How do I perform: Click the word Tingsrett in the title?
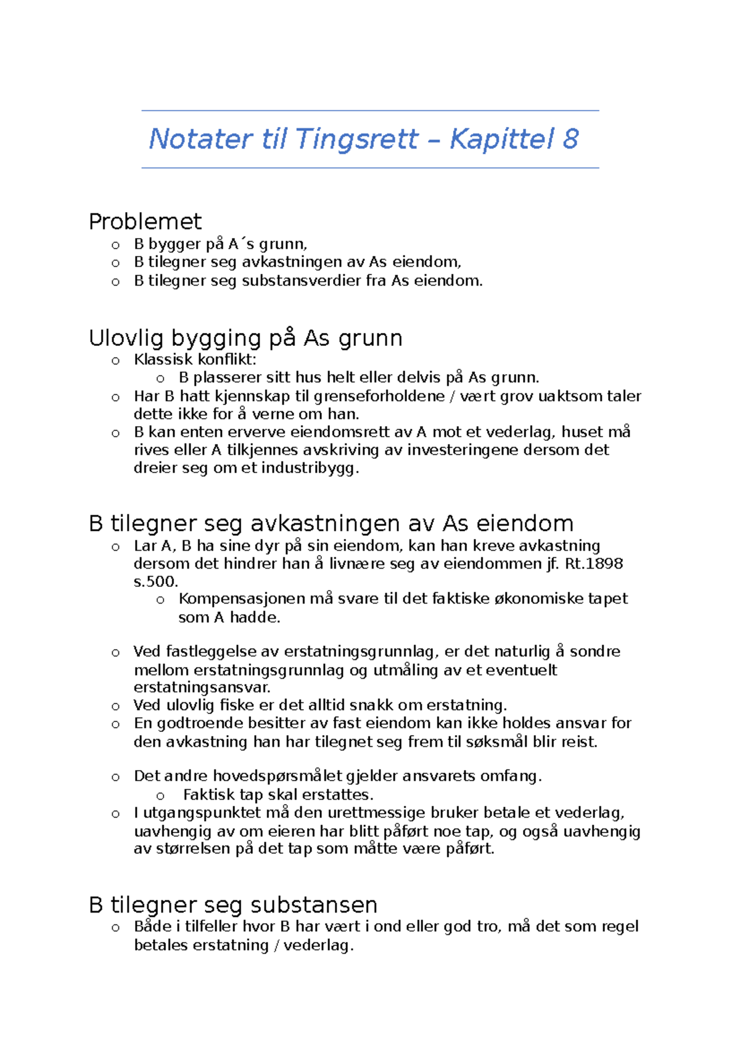click(357, 139)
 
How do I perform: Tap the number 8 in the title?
click(570, 139)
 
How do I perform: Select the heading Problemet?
click(145, 221)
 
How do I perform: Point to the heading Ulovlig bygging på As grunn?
click(245, 338)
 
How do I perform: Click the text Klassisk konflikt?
click(195, 359)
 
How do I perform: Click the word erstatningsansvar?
click(202, 688)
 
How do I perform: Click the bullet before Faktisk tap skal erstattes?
click(160, 796)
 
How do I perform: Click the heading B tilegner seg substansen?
click(233, 905)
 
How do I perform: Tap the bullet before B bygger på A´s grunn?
click(115, 245)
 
